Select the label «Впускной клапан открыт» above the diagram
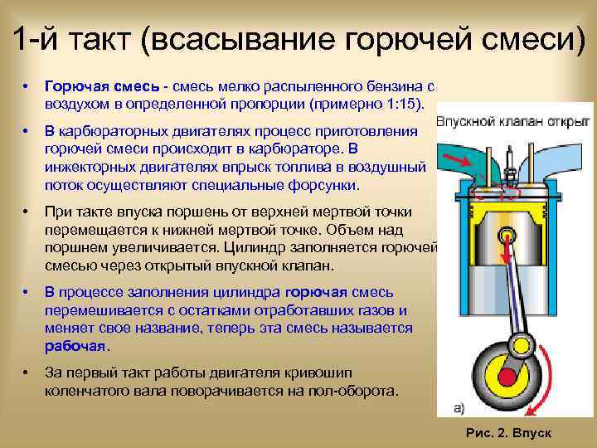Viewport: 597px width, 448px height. click(512, 122)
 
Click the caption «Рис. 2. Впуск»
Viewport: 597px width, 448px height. click(509, 433)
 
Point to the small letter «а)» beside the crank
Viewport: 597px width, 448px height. click(459, 407)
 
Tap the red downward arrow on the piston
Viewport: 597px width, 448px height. click(504, 246)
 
